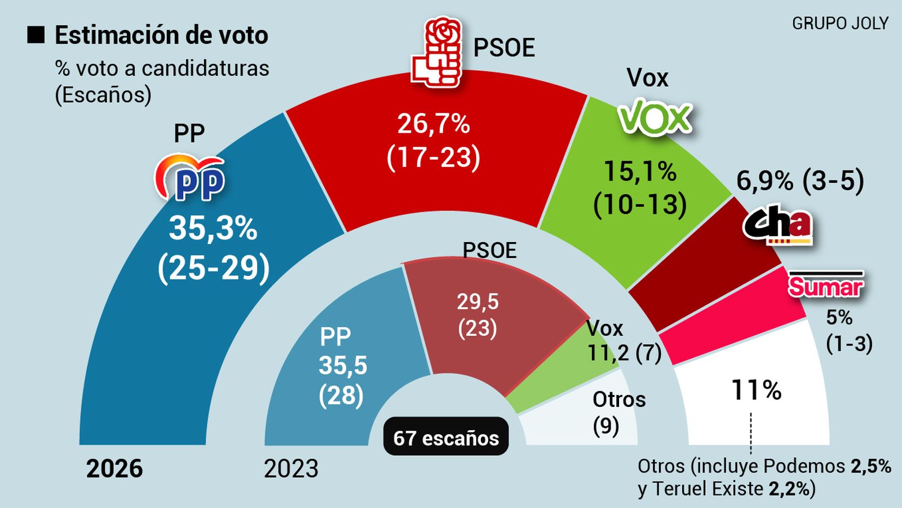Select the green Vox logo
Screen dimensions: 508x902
pos(655,117)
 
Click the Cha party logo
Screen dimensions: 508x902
pos(778,225)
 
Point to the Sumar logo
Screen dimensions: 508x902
pos(825,285)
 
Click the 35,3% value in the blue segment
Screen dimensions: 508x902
pos(213,229)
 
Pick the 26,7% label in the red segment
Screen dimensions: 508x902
pos(434,124)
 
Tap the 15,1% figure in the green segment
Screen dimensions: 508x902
pos(640,172)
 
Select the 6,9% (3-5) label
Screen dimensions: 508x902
pos(800,181)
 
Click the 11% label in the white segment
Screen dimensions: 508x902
pos(756,390)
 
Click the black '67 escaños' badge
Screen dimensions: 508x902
pos(446,437)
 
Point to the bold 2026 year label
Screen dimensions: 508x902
pos(114,468)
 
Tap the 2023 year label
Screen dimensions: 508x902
pos(291,468)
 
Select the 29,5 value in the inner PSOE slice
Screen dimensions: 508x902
pos(477,301)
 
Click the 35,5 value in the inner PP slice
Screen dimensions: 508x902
pos(343,365)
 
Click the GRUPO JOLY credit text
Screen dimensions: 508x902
pos(840,24)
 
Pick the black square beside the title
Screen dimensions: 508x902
pos(36,35)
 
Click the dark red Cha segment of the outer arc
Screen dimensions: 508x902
pos(705,265)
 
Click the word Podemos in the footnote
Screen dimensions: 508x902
pos(804,466)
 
